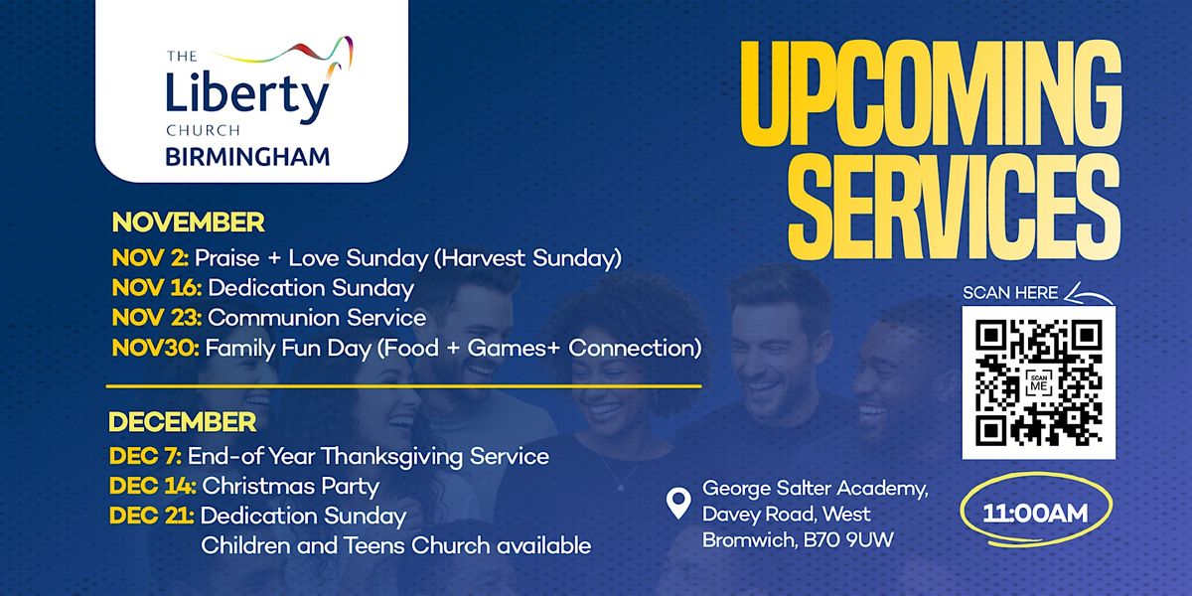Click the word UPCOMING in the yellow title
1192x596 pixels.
(x=930, y=100)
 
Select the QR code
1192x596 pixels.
(x=1038, y=382)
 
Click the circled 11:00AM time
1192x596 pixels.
(x=1035, y=514)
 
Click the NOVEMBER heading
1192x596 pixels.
(x=188, y=221)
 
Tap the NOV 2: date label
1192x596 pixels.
(x=150, y=258)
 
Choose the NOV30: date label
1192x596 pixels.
(x=155, y=349)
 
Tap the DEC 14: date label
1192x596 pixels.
(x=152, y=486)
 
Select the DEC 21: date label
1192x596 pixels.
(x=152, y=516)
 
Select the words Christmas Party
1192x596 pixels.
(x=290, y=486)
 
